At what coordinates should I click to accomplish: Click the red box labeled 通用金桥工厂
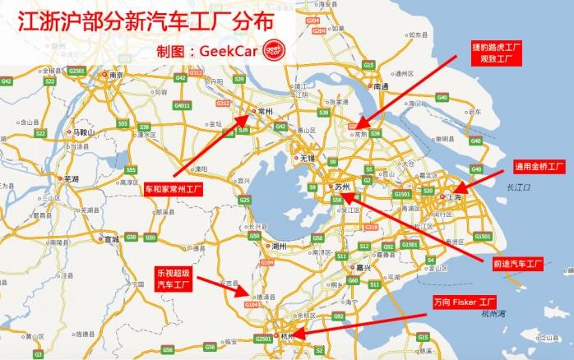click(x=539, y=166)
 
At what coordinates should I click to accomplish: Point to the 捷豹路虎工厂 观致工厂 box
click(x=497, y=52)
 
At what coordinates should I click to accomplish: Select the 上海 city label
click(x=452, y=197)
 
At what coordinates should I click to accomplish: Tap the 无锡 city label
click(x=308, y=157)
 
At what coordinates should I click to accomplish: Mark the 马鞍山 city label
click(x=85, y=132)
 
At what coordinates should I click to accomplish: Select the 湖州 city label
click(x=278, y=245)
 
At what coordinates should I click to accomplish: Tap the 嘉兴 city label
click(x=361, y=267)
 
